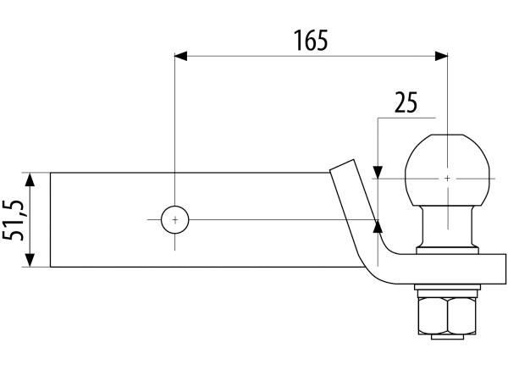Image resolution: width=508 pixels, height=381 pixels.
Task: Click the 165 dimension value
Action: pyautogui.click(x=310, y=40)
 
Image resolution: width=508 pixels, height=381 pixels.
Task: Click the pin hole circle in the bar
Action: pyautogui.click(x=174, y=220)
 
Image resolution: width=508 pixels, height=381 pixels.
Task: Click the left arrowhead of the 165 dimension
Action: pyautogui.click(x=180, y=57)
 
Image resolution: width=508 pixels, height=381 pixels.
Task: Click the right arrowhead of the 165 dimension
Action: pyautogui.click(x=441, y=57)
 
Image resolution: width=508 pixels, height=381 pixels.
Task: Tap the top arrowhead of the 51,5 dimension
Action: pyautogui.click(x=30, y=179)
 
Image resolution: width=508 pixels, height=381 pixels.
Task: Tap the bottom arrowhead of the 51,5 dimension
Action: pyautogui.click(x=30, y=262)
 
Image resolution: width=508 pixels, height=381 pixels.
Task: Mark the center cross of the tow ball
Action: pyautogui.click(x=447, y=179)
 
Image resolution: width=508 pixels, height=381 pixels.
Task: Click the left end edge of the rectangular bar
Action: pyautogui.click(x=51, y=220)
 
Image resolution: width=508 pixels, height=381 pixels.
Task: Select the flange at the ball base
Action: pyautogui.click(x=447, y=249)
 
